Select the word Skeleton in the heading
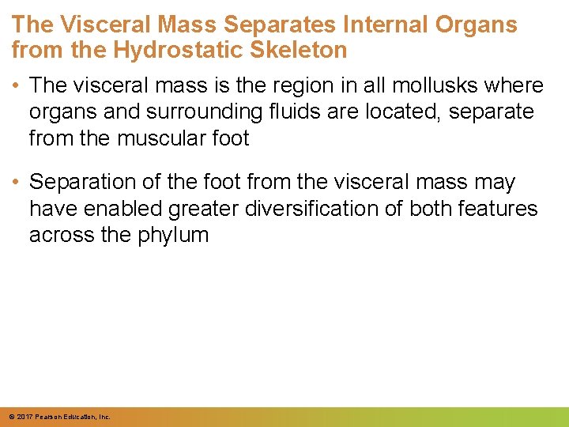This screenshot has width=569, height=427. pos(300,51)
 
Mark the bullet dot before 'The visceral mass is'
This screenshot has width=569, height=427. pos(17,85)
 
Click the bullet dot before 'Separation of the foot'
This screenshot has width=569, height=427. pos(17,182)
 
